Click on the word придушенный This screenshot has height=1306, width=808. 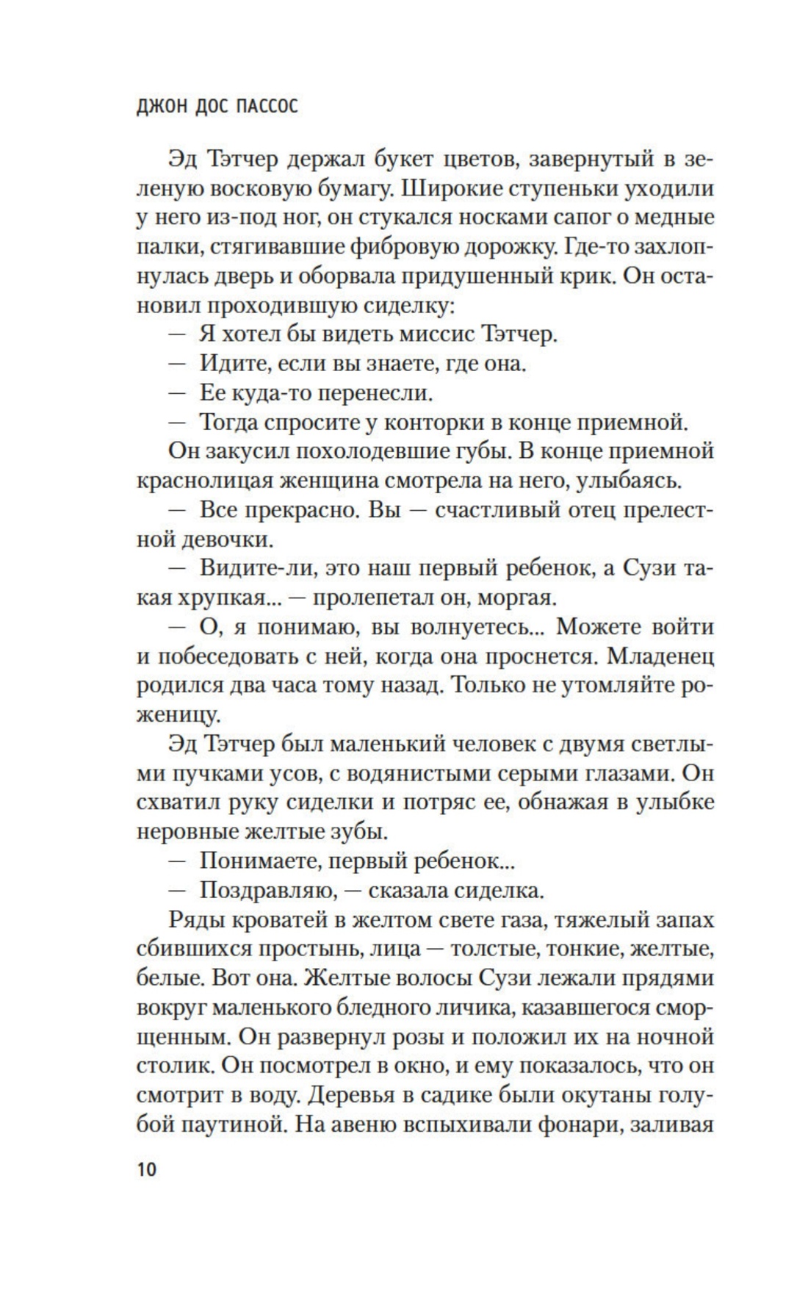479,276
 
